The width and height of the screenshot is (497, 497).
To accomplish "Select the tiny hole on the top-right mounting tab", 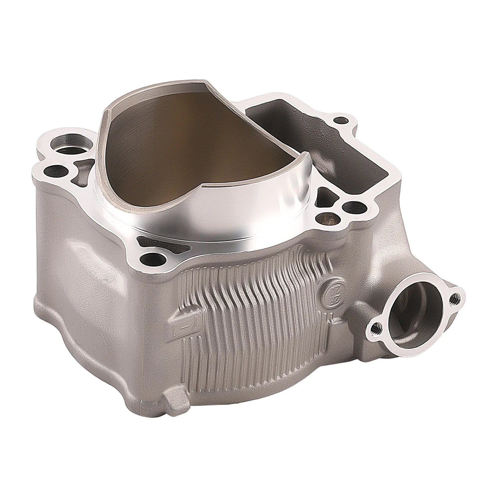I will coord(341,120).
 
